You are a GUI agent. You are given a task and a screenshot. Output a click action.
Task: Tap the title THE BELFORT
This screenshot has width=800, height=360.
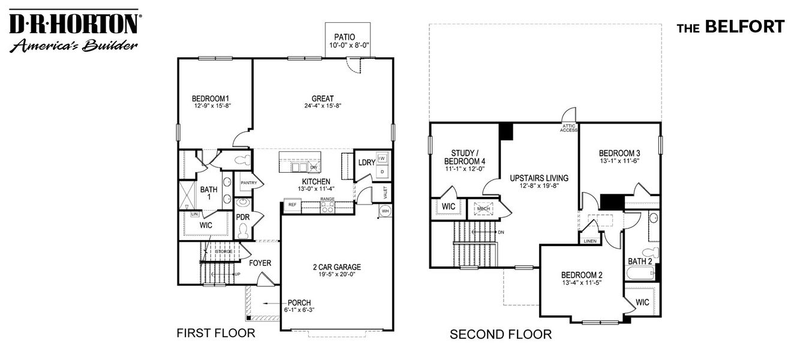click(730, 27)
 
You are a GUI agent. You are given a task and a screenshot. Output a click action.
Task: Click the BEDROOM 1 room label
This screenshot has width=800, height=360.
click(211, 98)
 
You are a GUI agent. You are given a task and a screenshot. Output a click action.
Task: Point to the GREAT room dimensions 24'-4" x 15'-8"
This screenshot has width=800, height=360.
click(322, 106)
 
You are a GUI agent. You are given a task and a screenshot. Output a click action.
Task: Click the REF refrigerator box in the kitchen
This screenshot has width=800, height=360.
click(292, 205)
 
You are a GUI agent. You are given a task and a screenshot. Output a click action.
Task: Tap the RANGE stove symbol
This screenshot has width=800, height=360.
click(327, 207)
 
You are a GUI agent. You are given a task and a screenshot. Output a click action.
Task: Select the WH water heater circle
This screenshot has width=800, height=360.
click(384, 211)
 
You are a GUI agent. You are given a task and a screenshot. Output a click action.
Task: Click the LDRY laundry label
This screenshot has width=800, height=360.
click(366, 163)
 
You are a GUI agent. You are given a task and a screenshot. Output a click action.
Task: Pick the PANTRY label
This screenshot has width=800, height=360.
click(249, 182)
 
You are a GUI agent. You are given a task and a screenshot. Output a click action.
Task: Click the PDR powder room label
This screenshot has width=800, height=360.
click(243, 217)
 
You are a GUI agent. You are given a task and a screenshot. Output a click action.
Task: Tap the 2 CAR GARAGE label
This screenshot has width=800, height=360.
click(336, 268)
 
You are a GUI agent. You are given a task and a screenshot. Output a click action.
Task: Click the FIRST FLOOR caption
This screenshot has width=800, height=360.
click(215, 333)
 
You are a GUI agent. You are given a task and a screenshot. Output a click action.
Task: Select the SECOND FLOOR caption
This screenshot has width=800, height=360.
click(501, 334)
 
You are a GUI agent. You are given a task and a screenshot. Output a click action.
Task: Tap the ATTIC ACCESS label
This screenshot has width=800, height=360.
click(569, 128)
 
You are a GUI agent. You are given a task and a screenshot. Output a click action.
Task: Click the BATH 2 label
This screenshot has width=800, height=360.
click(640, 261)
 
